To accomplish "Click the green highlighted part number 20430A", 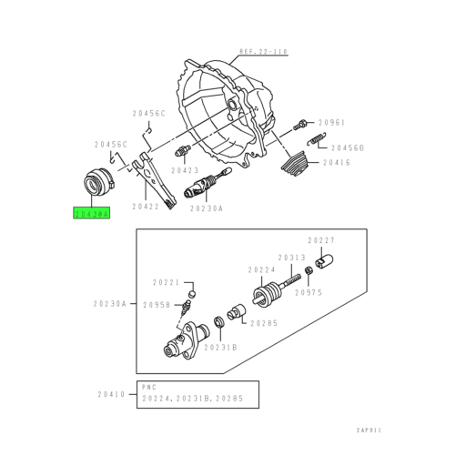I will [91, 214].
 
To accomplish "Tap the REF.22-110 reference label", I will [262, 53].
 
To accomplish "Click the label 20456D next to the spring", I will [347, 147].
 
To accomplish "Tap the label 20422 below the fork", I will [146, 207].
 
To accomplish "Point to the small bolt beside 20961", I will [300, 124].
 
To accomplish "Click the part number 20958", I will [156, 306].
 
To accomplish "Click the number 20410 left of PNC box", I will [111, 394].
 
